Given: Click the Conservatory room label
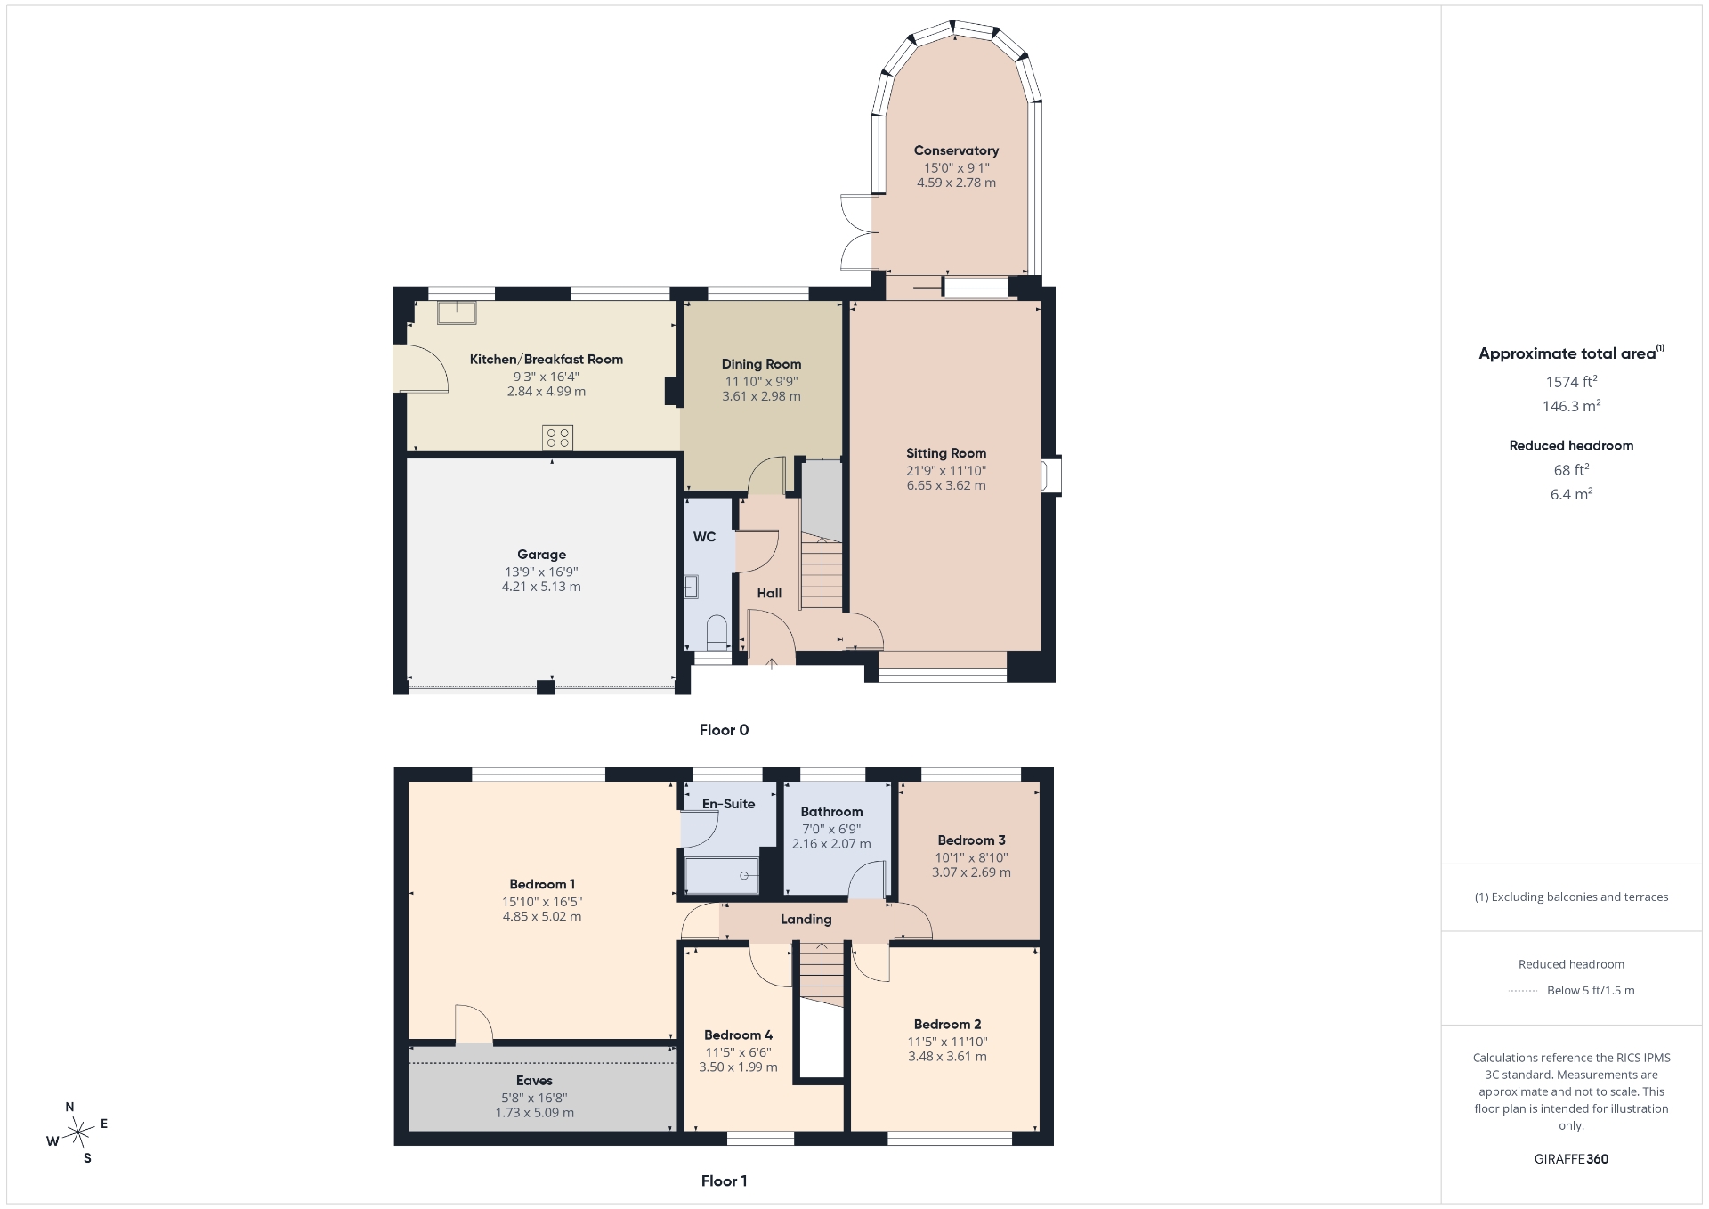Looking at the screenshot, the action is click(x=956, y=150).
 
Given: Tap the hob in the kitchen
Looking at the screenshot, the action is click(x=558, y=438).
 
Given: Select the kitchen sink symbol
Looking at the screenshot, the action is click(x=457, y=312).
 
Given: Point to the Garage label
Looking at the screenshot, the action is click(x=541, y=554).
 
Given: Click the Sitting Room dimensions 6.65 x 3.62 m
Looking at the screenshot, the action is click(x=946, y=485).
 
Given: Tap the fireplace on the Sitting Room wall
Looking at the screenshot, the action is click(x=1051, y=475).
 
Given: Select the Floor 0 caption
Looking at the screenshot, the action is click(x=724, y=730).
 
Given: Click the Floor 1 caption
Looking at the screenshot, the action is click(x=724, y=1181).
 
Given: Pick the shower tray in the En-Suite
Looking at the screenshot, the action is click(x=722, y=875).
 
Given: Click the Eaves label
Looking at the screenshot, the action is click(x=534, y=1081).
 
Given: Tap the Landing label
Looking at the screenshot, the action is click(x=806, y=920).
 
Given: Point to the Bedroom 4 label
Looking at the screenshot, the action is click(x=738, y=1035).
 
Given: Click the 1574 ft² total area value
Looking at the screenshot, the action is click(x=1571, y=381).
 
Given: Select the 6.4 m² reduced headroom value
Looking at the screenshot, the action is click(x=1571, y=493).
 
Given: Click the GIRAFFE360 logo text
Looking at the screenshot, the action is click(x=1571, y=1159).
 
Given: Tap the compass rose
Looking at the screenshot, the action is click(x=79, y=1132).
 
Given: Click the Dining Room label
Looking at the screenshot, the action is click(x=761, y=364).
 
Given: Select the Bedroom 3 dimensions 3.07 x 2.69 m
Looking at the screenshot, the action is click(x=971, y=872).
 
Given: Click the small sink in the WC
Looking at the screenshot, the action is click(x=691, y=587).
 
